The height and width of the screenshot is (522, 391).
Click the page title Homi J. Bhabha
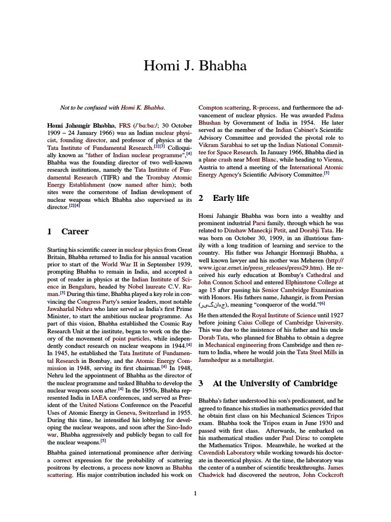pyautogui.click(x=195, y=66)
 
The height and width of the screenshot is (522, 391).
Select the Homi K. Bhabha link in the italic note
pyautogui.click(x=143, y=108)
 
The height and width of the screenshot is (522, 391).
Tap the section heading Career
pyautogui.click(x=75, y=231)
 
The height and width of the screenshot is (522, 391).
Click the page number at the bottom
pyautogui.click(x=195, y=492)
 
